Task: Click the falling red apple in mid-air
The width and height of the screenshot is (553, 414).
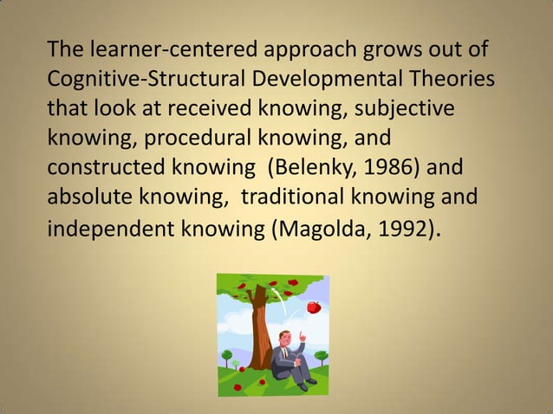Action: click(314, 307)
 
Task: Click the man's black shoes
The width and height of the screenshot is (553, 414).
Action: click(308, 381)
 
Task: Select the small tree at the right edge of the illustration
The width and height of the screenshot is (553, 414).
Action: click(324, 355)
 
